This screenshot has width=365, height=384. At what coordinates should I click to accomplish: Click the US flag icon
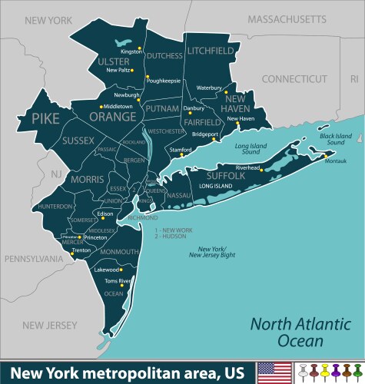click(x=274, y=372)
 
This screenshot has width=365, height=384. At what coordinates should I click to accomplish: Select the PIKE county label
click(x=45, y=119)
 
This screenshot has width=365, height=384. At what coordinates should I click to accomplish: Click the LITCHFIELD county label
click(x=210, y=51)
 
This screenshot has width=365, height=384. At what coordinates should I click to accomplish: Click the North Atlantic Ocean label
click(x=291, y=331)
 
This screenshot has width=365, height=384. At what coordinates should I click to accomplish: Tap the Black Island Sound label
click(x=336, y=140)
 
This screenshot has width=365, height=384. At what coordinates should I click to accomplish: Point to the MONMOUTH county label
click(x=119, y=252)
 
